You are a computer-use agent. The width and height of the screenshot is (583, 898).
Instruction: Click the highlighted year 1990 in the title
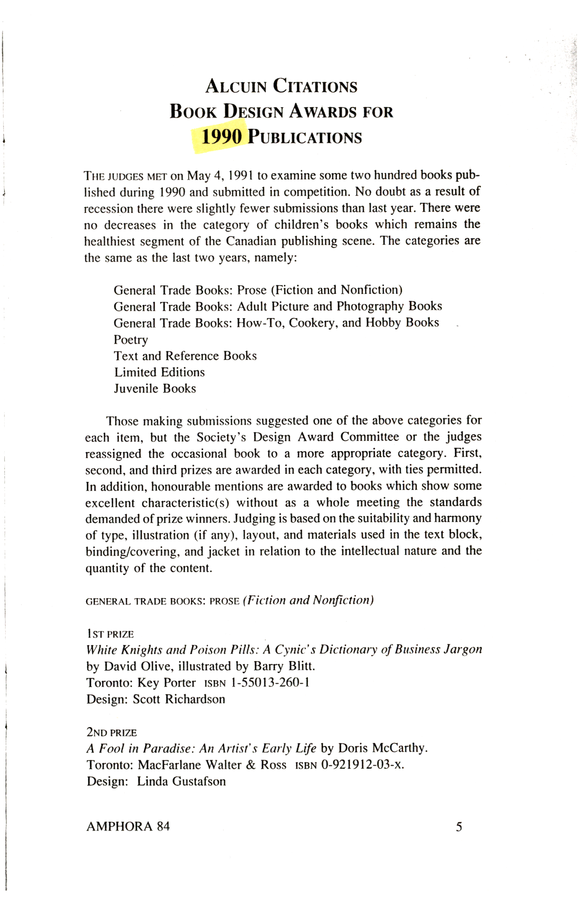tap(221, 137)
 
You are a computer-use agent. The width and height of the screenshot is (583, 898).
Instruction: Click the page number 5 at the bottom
tap(459, 827)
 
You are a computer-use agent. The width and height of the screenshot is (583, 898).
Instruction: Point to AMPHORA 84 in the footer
tap(128, 827)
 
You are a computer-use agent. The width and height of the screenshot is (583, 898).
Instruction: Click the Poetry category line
tap(131, 340)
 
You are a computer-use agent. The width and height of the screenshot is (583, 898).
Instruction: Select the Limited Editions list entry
tap(159, 372)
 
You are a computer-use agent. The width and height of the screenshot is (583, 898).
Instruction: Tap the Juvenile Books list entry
tap(155, 389)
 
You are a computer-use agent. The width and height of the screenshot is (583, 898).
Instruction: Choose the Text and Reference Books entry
tap(185, 356)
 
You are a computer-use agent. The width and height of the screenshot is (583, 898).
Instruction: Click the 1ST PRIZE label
tap(110, 634)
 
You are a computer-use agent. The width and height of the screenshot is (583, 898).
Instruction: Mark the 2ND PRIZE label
tap(111, 732)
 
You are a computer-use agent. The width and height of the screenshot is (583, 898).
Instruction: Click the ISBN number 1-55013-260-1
tap(270, 682)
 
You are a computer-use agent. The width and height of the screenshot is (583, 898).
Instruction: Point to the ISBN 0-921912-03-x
tap(362, 764)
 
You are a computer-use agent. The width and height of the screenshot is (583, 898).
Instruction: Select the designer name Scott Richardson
tap(179, 699)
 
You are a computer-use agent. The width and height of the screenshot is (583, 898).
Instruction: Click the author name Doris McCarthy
tap(382, 748)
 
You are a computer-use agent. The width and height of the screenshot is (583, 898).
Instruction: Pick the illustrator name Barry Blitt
tap(284, 666)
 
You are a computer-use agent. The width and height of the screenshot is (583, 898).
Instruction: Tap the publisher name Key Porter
tap(166, 682)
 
